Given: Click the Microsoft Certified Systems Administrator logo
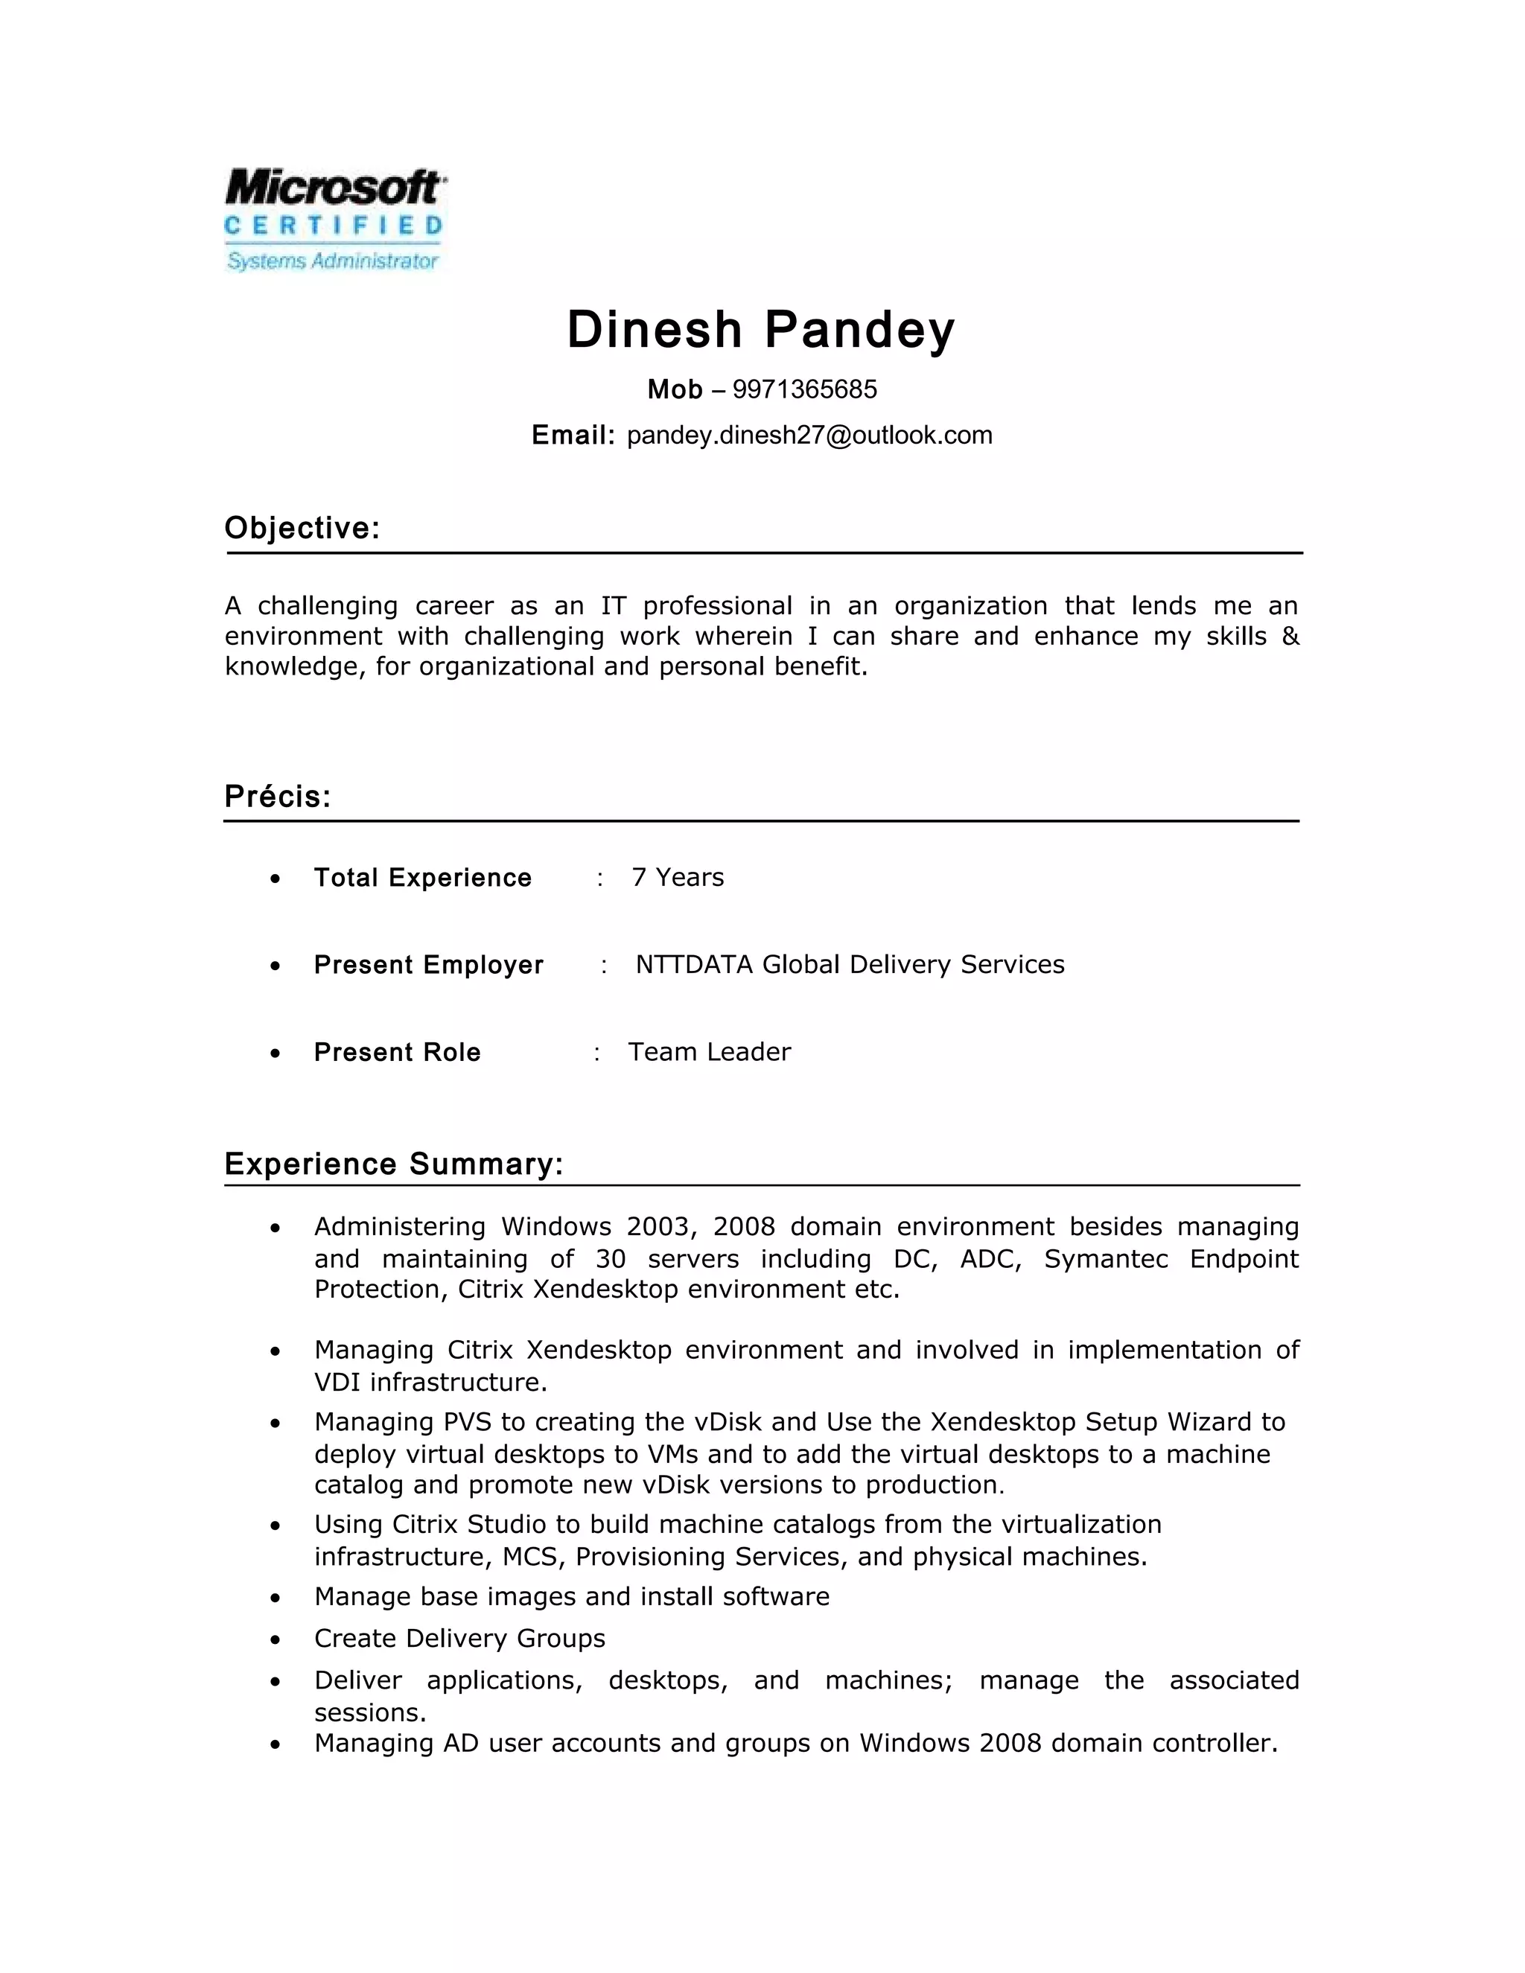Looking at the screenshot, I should (x=334, y=220).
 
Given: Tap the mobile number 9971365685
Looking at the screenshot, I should (x=804, y=389).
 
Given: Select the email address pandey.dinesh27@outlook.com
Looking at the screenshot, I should (x=809, y=436).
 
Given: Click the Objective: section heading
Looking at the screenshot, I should (x=302, y=528).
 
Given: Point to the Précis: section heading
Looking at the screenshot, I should (x=277, y=796).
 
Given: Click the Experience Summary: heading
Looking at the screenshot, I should (x=394, y=1164).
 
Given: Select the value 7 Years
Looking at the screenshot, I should (x=678, y=877).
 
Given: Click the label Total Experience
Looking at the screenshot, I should (x=423, y=878).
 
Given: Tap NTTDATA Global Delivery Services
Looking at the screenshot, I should (x=849, y=965).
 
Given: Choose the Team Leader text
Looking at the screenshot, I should (x=709, y=1051).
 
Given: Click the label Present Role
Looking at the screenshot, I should (x=397, y=1053).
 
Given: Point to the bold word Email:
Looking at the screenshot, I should (x=573, y=436).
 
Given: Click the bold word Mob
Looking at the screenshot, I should (x=674, y=389).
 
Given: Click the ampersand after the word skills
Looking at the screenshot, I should (x=1290, y=636).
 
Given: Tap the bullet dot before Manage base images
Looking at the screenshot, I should (x=276, y=1598).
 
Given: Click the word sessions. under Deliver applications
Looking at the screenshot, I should (x=369, y=1713).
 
